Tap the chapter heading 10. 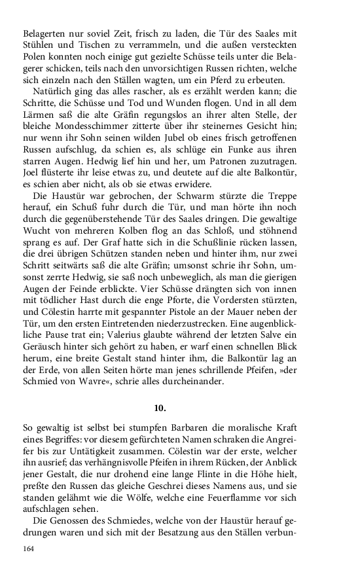(160, 407)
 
